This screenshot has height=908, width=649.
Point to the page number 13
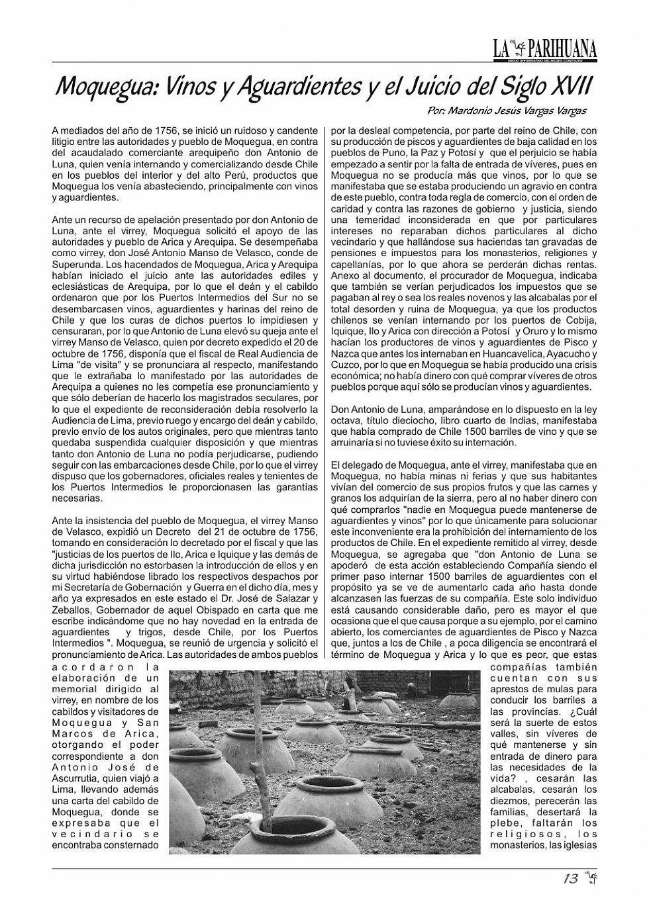(570, 878)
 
